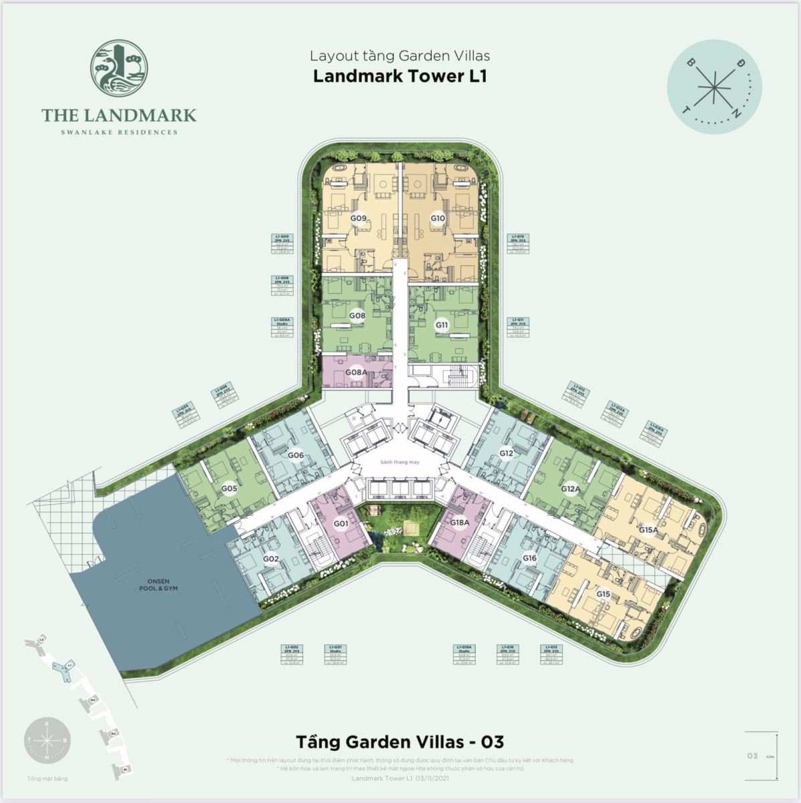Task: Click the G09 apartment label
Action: click(x=358, y=218)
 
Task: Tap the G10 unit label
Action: click(x=438, y=218)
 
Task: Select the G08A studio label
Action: click(x=355, y=372)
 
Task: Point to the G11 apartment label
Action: click(x=442, y=325)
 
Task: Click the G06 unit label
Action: click(x=296, y=455)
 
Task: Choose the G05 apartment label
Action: click(x=230, y=488)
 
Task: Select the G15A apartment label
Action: click(x=648, y=530)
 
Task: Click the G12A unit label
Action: click(x=570, y=488)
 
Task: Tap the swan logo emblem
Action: click(x=119, y=67)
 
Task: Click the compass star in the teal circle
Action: click(x=714, y=89)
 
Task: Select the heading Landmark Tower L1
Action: click(x=400, y=76)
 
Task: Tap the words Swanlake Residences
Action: click(x=119, y=132)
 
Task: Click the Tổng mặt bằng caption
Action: click(x=48, y=778)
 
